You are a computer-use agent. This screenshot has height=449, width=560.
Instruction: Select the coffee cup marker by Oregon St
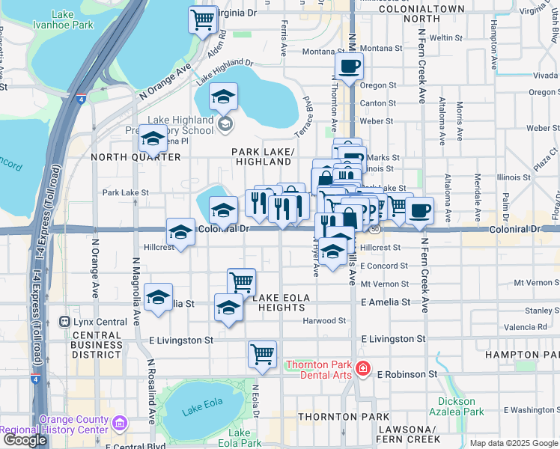tap(349, 67)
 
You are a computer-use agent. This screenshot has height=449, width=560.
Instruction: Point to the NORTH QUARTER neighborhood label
tap(136, 157)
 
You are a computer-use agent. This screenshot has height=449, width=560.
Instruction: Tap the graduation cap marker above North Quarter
tap(153, 140)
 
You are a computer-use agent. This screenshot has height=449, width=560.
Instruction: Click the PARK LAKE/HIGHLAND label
tap(263, 156)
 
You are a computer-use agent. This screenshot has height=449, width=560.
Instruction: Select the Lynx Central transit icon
tap(65, 322)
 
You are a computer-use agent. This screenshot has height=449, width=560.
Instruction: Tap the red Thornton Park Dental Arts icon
tap(362, 368)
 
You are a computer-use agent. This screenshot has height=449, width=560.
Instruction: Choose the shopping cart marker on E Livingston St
tap(262, 355)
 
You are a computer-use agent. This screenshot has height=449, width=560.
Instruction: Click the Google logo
tap(25, 440)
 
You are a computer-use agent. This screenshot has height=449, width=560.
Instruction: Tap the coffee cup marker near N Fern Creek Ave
tap(421, 210)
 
